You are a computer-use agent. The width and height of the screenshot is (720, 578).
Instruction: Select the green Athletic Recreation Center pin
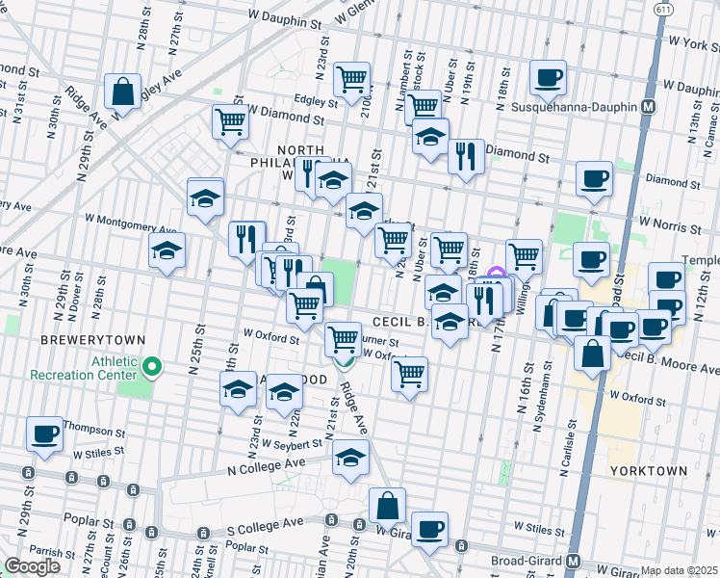pyautogui.click(x=152, y=366)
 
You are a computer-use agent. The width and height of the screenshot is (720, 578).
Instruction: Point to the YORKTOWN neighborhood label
pyautogui.click(x=648, y=471)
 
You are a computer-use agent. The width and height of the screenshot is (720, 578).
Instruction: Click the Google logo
pyautogui.click(x=33, y=566)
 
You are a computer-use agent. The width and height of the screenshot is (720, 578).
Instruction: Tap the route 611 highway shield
pyautogui.click(x=664, y=9)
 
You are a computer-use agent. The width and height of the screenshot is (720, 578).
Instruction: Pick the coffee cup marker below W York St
pyautogui.click(x=548, y=78)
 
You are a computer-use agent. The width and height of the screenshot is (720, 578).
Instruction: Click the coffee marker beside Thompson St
pyautogui.click(x=44, y=434)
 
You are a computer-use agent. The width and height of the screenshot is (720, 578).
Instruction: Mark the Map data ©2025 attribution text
pyautogui.click(x=680, y=570)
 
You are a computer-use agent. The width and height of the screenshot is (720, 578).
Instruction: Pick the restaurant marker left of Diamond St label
pyautogui.click(x=466, y=156)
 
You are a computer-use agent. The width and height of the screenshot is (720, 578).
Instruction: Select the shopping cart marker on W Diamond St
pyautogui.click(x=231, y=122)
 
